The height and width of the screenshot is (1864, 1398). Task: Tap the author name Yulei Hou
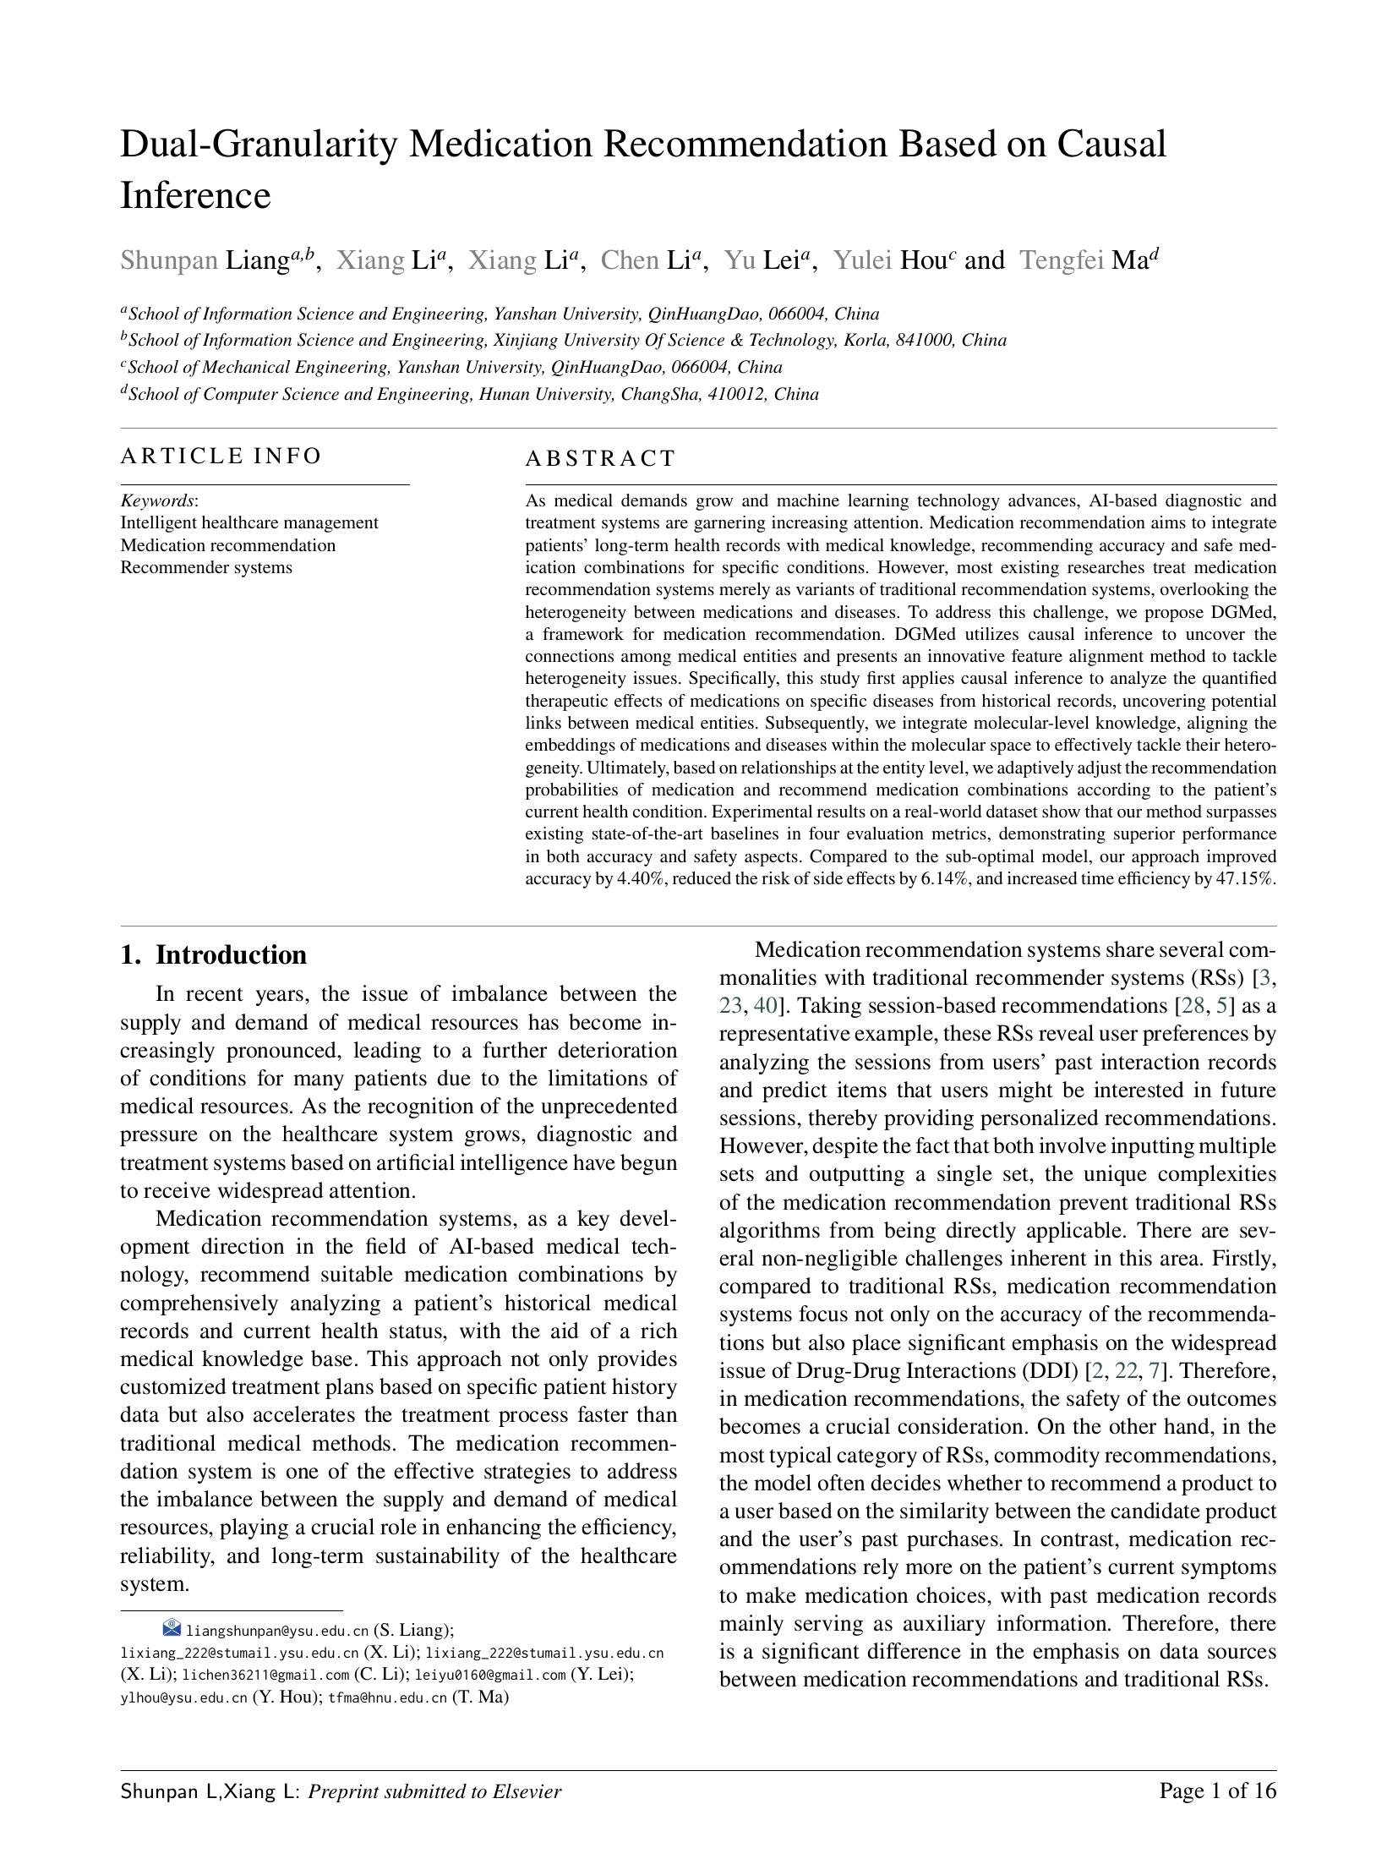(892, 260)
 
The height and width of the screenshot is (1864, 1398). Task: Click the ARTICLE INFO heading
(221, 456)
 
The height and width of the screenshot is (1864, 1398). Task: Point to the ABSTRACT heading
(600, 459)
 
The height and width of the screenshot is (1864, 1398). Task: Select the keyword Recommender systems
(206, 567)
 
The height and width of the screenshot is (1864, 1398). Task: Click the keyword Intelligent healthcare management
(249, 522)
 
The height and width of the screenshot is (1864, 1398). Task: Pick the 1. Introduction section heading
(213, 954)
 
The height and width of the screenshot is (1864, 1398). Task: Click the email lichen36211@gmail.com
(265, 1675)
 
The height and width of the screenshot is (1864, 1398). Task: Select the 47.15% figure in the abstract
(1244, 878)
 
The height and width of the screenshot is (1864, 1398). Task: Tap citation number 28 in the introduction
(1193, 1006)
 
